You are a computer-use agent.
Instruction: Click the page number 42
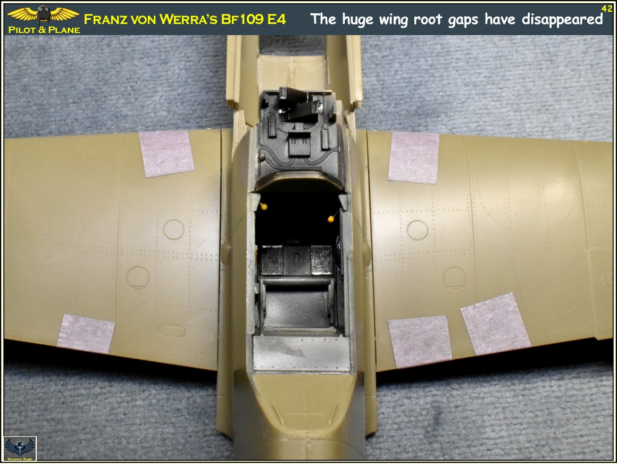pos(606,8)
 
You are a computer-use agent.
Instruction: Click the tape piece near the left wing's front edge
pos(166,153)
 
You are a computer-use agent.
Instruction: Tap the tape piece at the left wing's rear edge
pos(86,333)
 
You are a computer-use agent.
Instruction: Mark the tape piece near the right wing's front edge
pos(414,157)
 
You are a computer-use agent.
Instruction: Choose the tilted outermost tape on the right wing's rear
pos(495,324)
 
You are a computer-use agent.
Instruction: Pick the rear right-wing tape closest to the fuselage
pos(420,341)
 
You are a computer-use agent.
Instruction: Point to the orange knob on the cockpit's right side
pos(330,218)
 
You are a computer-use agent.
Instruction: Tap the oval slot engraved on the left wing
pos(172,330)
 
